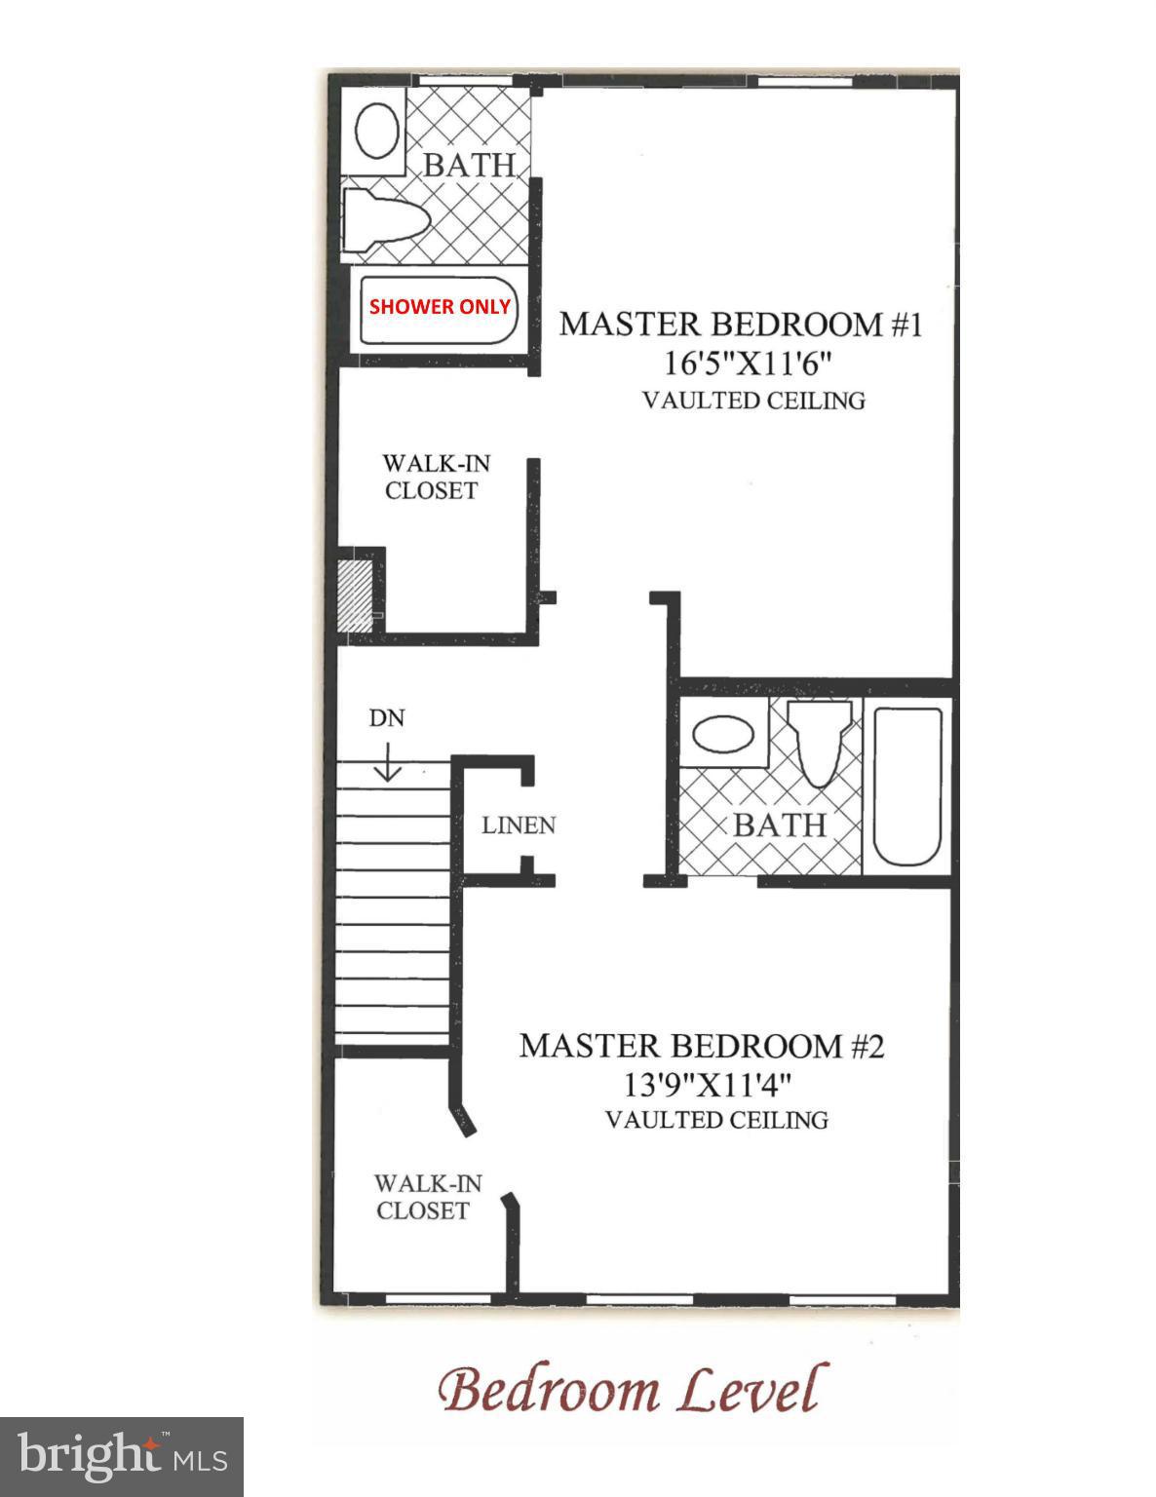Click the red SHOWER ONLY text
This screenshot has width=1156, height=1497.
[439, 307]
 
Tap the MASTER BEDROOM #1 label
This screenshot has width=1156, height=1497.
[740, 325]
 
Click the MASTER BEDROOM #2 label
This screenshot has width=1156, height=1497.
[701, 1046]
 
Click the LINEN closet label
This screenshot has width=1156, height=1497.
[519, 825]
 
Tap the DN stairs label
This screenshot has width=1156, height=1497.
[387, 718]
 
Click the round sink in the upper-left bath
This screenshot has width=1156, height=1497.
[376, 131]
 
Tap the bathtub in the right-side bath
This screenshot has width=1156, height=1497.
[906, 787]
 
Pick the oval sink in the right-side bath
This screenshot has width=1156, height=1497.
[722, 734]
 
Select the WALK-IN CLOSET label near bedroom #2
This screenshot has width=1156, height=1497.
[427, 1197]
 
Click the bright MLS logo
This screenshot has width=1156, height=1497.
[122, 1457]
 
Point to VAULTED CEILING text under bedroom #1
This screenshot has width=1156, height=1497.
[753, 401]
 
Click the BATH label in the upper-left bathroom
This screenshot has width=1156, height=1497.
[469, 166]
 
